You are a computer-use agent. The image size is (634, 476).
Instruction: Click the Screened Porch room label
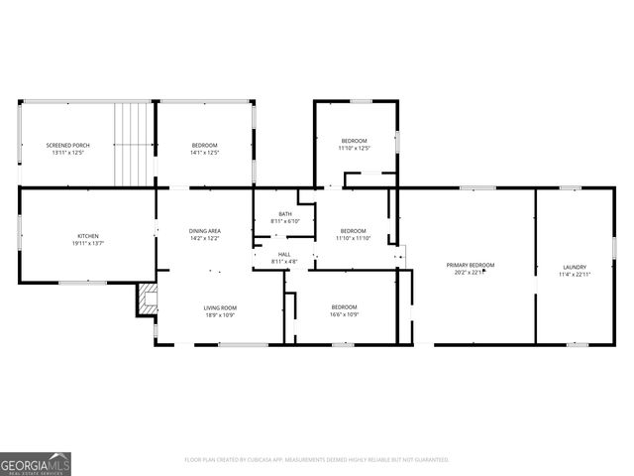67,145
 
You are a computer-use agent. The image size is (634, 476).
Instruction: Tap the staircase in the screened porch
133,143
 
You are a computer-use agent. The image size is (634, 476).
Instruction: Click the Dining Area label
205,231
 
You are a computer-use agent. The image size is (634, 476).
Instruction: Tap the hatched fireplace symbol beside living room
147,299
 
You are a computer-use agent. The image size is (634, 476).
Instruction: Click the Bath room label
285,214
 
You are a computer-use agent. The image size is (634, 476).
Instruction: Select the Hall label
284,255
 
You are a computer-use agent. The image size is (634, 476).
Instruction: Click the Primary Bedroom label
470,265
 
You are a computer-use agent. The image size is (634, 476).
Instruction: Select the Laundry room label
575,267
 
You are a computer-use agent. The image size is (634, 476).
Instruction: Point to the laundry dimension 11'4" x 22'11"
575,274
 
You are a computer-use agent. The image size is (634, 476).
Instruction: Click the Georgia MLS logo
36,463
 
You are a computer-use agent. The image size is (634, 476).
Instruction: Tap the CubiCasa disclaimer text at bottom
316,460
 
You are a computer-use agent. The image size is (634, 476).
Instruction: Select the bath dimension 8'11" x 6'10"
285,221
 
